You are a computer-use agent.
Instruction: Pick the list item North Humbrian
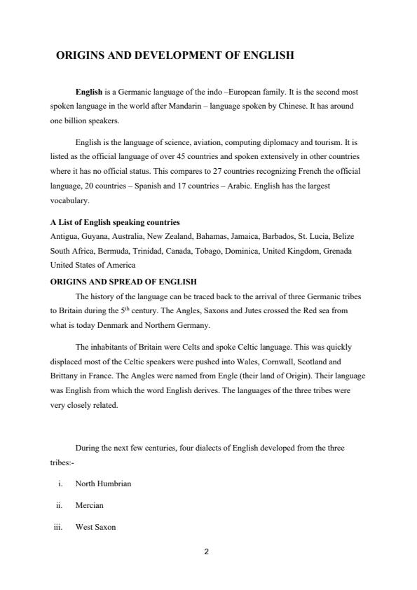pos(103,483)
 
